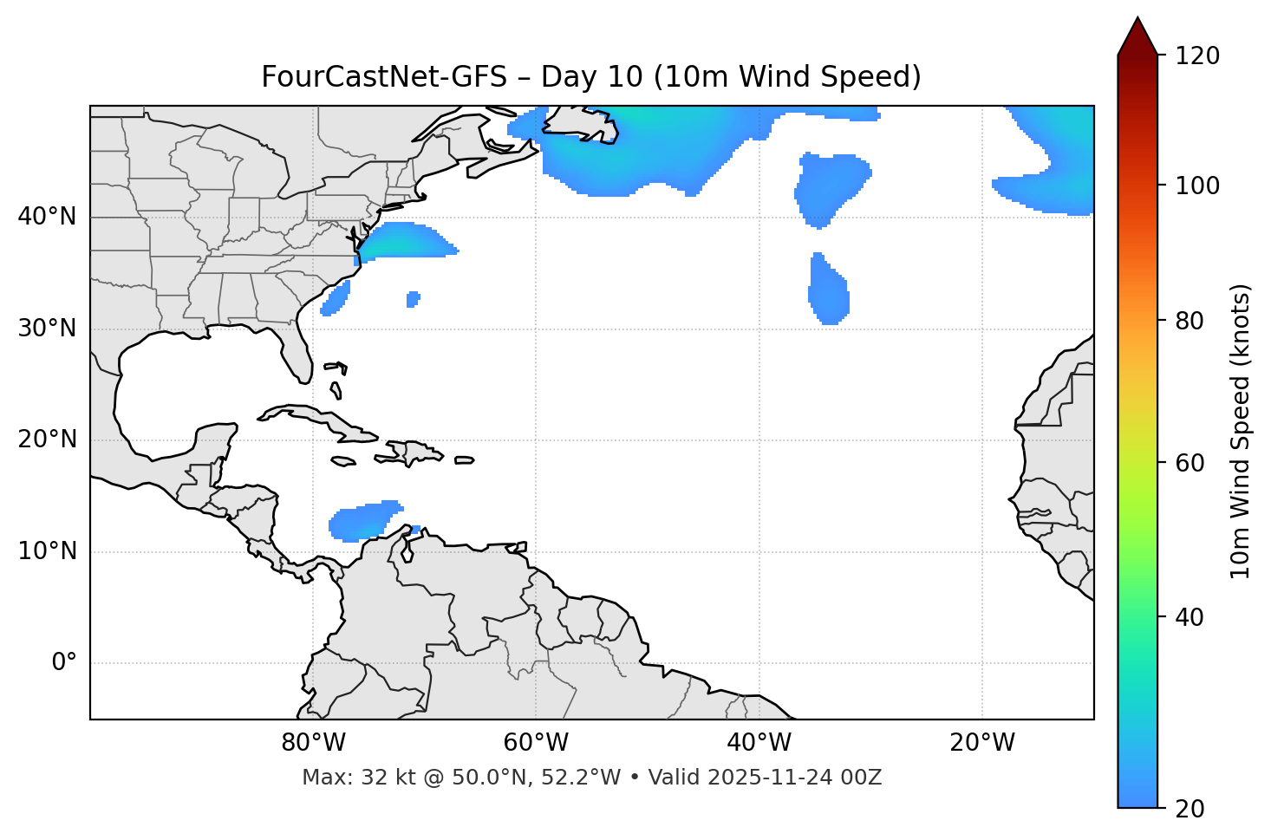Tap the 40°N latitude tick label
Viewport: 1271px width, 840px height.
pos(47,217)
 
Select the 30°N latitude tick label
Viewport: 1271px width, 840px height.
pos(47,329)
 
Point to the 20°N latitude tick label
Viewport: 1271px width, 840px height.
pos(47,440)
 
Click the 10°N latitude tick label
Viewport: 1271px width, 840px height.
pos(47,551)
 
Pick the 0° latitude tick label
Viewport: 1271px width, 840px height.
pos(64,663)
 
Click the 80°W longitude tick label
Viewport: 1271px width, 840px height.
pos(313,743)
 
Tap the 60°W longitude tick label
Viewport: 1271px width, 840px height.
pos(536,743)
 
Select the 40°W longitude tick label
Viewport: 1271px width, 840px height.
pos(759,743)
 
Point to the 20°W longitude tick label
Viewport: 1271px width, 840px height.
pos(982,743)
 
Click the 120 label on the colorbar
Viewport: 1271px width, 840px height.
pos(1197,56)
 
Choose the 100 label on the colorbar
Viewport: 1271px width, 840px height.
pos(1197,186)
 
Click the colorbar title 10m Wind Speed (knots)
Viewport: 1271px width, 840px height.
pos(1241,432)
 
